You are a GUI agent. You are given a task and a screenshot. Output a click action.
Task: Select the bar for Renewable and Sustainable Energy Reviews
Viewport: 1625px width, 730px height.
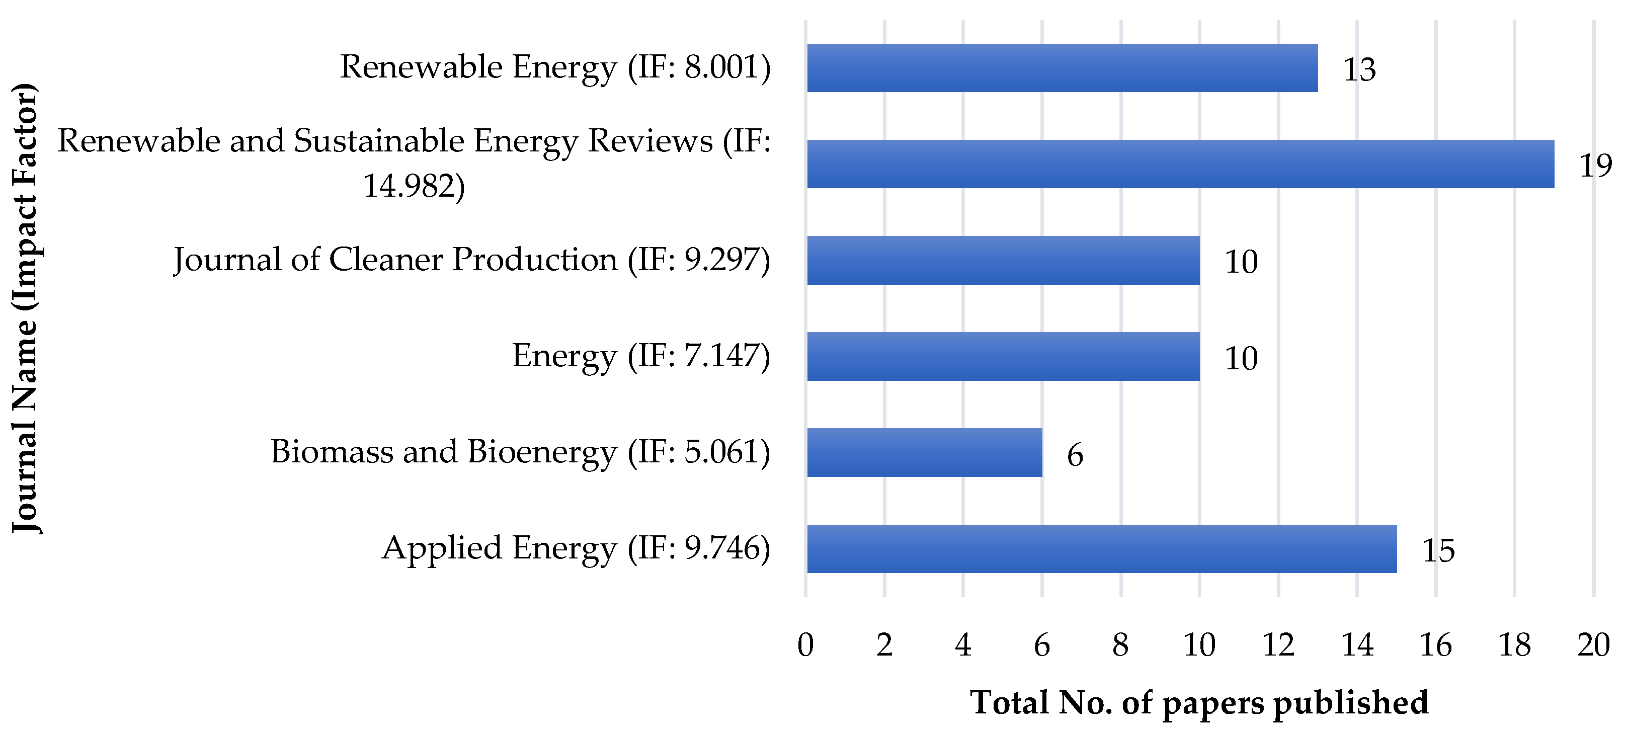(1180, 164)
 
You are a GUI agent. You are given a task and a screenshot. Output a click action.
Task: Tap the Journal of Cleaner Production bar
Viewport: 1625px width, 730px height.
(1003, 260)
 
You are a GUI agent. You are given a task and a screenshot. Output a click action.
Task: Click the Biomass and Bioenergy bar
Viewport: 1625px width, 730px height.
(924, 452)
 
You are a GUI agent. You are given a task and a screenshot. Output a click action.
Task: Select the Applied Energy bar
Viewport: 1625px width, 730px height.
(1101, 548)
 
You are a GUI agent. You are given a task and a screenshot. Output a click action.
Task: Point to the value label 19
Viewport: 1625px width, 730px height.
(1595, 166)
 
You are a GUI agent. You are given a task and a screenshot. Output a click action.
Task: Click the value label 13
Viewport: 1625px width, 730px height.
(1359, 69)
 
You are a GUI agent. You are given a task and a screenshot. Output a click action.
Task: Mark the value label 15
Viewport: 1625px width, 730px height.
(1438, 551)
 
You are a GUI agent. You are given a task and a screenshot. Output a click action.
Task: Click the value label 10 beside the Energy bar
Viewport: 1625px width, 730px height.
(1241, 358)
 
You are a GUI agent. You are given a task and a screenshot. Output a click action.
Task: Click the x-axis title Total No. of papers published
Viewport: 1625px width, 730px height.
(1198, 702)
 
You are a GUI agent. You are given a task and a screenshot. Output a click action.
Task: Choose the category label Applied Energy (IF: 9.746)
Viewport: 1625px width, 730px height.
(576, 548)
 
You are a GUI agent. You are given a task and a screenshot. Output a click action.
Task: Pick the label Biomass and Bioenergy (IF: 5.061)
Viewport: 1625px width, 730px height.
(520, 452)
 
